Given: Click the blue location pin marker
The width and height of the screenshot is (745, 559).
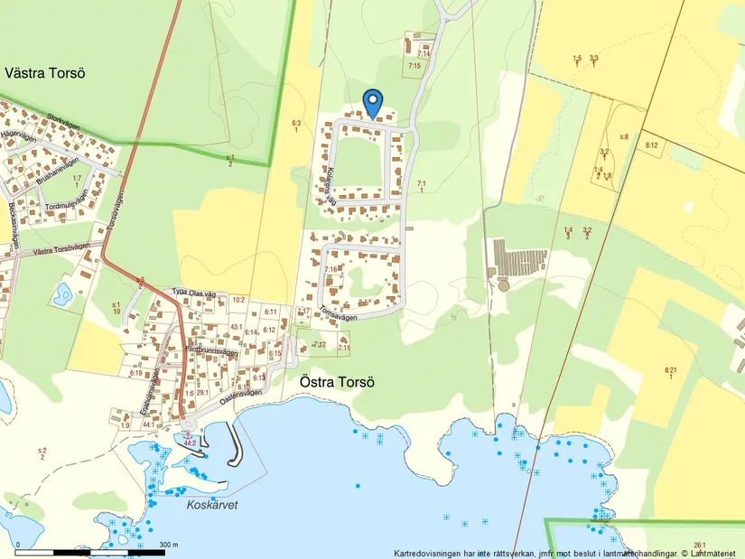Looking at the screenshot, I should click(372, 104).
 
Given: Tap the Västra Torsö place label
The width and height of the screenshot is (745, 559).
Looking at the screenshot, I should click(44, 72).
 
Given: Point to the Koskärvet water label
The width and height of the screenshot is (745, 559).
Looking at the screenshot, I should click(211, 505).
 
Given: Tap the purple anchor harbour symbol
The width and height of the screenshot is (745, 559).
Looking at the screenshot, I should click(188, 435).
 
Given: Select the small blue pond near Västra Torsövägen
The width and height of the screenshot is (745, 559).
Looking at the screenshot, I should click(62, 293).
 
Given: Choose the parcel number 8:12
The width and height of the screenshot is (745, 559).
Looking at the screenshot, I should click(652, 145).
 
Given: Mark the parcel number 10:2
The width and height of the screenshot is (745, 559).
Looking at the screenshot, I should click(238, 299).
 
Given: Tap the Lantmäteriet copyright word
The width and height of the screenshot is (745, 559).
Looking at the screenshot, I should click(713, 553).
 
